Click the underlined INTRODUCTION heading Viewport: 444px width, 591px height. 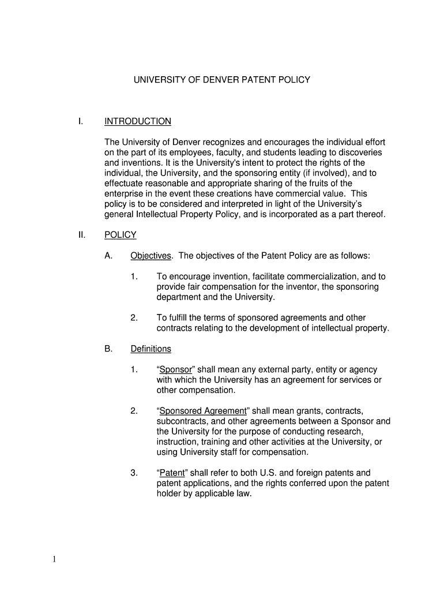coord(138,121)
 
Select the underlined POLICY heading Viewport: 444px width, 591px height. coord(121,235)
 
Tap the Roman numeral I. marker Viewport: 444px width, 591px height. coord(81,121)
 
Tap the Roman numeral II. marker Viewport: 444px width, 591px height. coord(82,235)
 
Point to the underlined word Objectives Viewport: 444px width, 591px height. coord(151,256)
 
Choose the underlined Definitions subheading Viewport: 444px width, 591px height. coord(151,349)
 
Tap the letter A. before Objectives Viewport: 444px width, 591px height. coord(108,256)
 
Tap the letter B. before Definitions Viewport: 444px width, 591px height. coord(108,349)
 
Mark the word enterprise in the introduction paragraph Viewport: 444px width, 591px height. coord(124,193)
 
